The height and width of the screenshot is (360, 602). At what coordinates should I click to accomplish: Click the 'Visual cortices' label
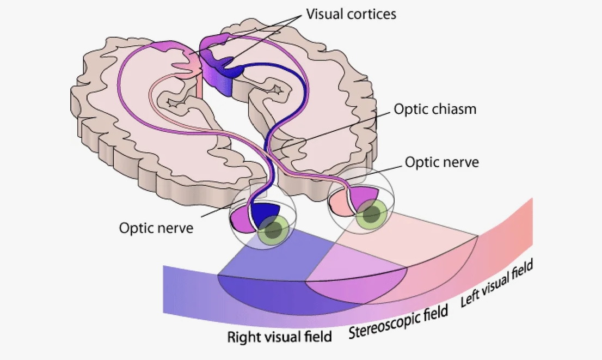351,14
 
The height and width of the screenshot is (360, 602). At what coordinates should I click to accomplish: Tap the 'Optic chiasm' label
434,109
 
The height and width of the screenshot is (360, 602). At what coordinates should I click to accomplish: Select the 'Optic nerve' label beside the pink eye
442,162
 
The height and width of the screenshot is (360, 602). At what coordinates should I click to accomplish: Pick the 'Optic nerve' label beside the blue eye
156,227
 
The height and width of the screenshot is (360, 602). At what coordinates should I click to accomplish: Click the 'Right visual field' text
279,337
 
